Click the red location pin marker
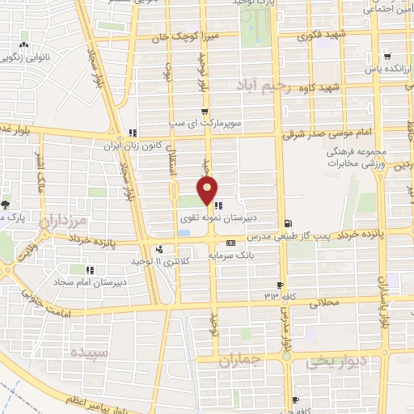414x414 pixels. coord(208,191)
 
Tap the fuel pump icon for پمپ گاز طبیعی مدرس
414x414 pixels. coord(288,223)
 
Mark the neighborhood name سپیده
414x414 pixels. coord(89,353)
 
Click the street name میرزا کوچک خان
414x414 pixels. coord(182,36)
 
